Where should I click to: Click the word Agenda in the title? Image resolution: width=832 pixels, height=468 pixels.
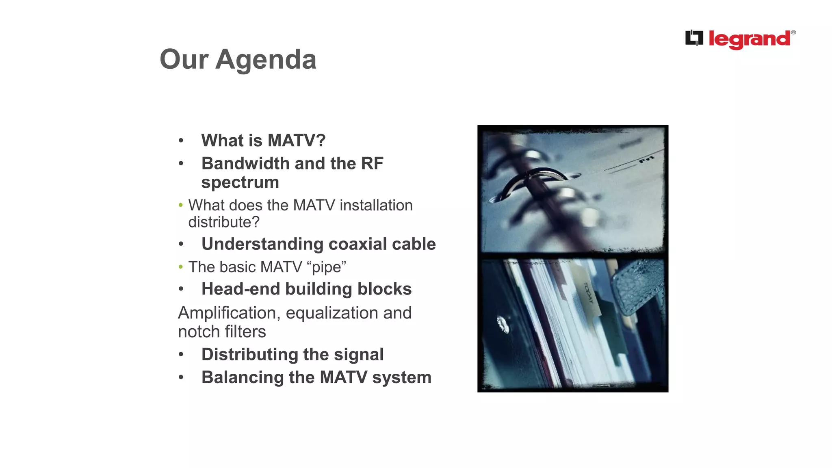266,60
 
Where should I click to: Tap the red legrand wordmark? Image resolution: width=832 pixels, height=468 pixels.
750,39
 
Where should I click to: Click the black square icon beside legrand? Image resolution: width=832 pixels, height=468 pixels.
694,38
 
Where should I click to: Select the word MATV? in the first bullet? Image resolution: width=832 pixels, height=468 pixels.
297,141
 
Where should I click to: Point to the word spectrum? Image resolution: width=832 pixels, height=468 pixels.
240,182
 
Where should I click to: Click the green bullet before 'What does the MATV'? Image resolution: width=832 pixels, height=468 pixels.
181,205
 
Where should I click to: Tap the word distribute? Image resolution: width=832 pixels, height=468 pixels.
224,222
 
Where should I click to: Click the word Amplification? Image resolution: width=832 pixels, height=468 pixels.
229,313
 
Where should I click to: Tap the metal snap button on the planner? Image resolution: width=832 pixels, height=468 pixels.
503,325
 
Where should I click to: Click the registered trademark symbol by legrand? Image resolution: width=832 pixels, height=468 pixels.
793,32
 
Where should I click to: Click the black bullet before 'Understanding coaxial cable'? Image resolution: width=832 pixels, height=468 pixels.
181,244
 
